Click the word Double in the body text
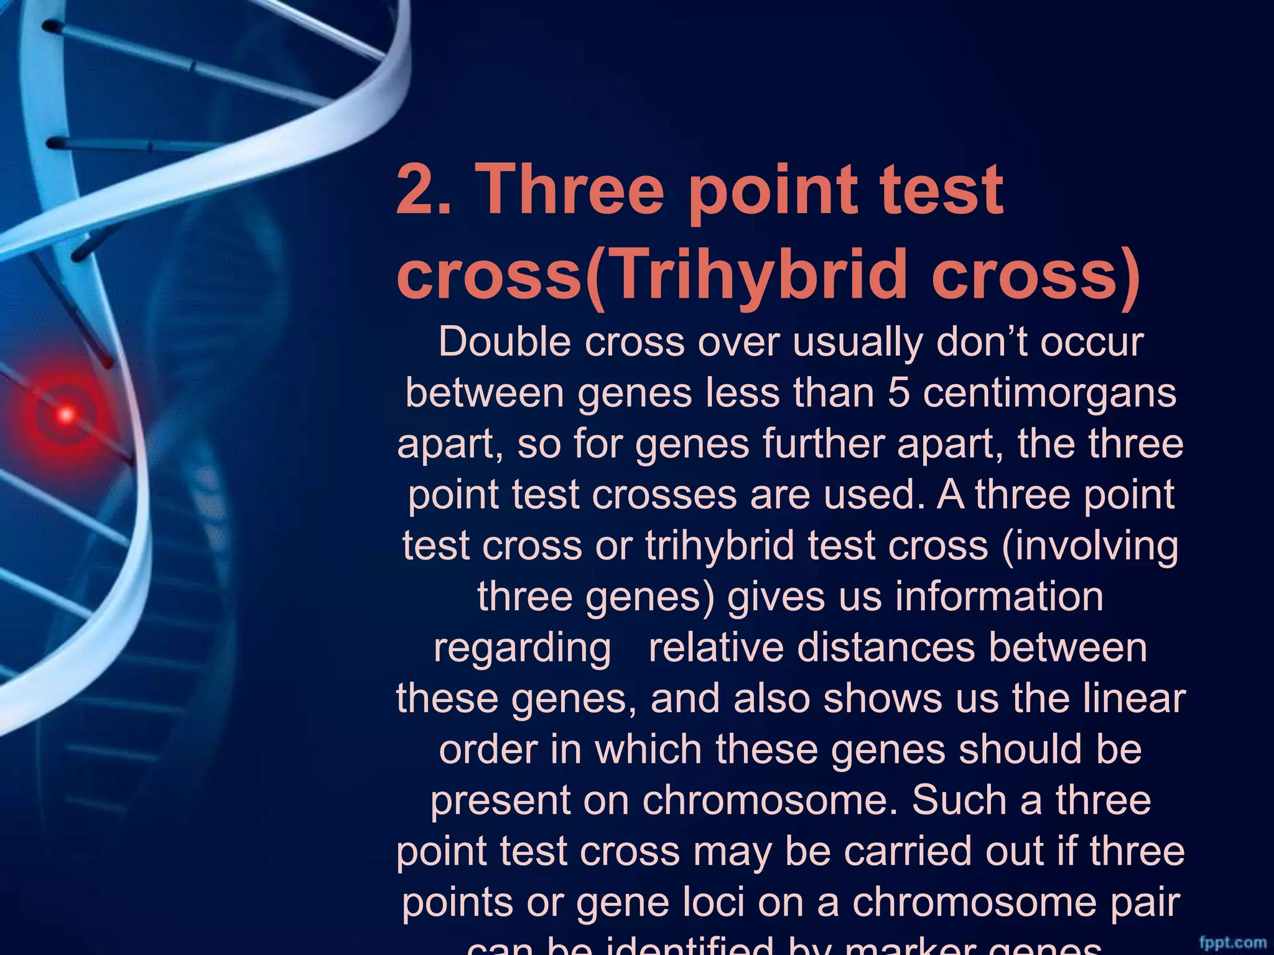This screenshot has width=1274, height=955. pos(504,342)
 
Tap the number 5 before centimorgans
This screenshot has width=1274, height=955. pos(898,393)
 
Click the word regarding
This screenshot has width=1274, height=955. pos(523,648)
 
